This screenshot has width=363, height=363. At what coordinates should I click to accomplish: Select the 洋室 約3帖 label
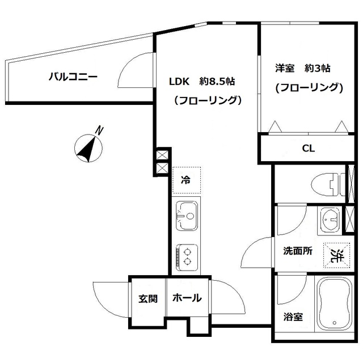point(302,68)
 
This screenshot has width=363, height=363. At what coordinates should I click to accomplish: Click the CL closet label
point(308,149)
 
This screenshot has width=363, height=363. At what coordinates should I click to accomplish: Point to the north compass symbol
point(88,148)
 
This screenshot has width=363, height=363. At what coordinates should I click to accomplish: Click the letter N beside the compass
point(100,130)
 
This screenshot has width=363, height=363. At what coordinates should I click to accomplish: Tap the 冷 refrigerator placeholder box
point(186,181)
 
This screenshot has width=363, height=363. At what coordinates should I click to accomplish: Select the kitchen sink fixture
point(186,216)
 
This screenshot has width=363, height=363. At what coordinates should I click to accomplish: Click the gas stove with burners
point(186,255)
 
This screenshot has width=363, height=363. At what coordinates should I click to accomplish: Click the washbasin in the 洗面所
point(328,220)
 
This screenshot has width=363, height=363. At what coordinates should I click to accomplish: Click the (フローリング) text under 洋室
point(309,88)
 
